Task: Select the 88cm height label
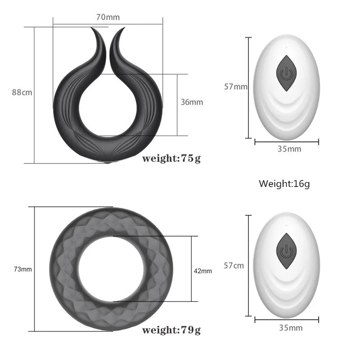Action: click(x=22, y=92)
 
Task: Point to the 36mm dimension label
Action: click(x=192, y=102)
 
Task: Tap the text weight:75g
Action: click(x=171, y=158)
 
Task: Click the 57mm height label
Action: click(x=236, y=86)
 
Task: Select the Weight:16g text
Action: click(x=284, y=184)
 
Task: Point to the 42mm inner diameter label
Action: click(x=203, y=270)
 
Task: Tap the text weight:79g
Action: click(x=171, y=331)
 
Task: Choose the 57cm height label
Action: click(x=234, y=265)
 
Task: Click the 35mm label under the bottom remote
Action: click(x=290, y=328)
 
